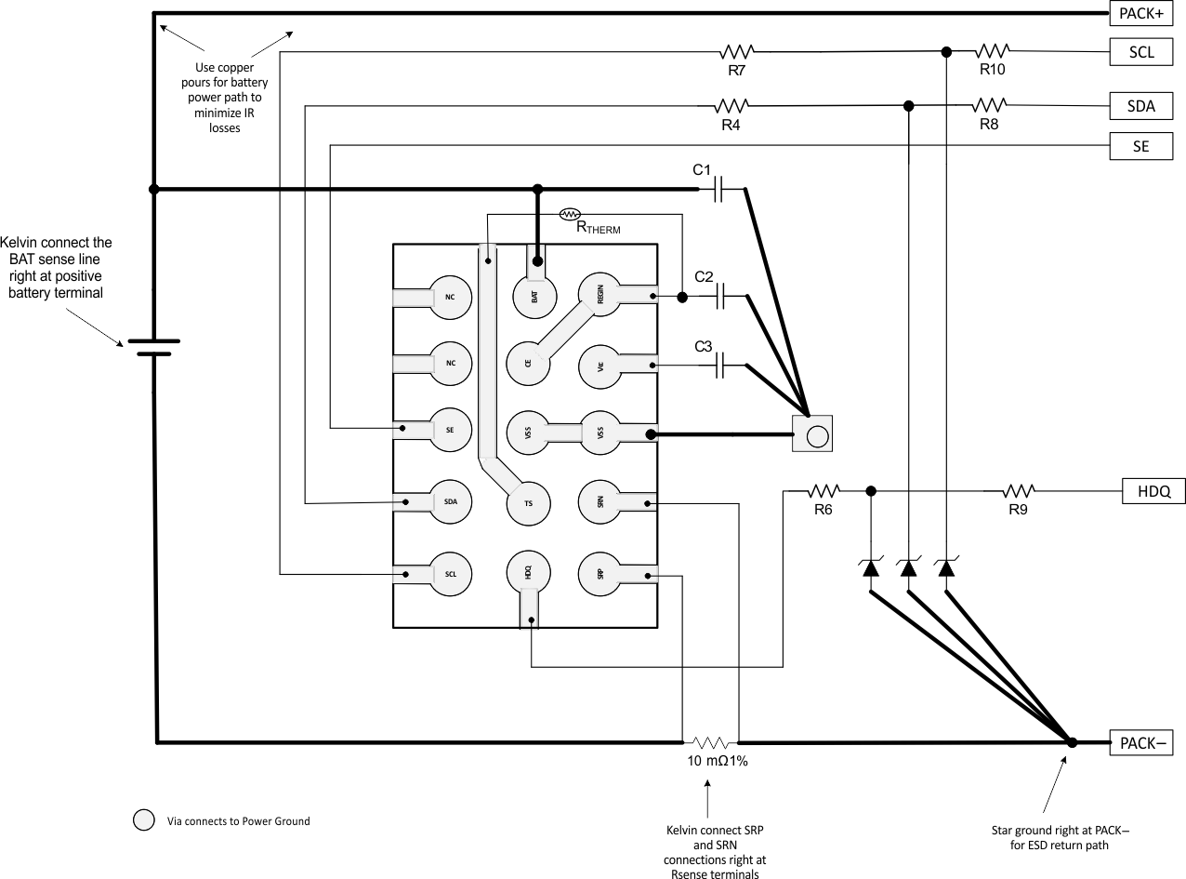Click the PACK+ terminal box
tap(1141, 13)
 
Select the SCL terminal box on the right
tap(1141, 52)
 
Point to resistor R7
tap(737, 51)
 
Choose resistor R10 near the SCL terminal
tap(993, 51)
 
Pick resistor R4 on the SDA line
tap(731, 106)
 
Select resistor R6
tap(824, 490)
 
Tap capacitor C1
tap(719, 190)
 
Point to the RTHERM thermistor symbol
tap(571, 215)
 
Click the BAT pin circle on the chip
tap(534, 296)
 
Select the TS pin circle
tap(528, 502)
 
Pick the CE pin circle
tap(528, 364)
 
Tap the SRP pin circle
tap(600, 572)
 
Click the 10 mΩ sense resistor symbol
tap(711, 742)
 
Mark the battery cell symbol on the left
tap(153, 347)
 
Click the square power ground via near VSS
tap(811, 434)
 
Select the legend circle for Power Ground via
tap(144, 820)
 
